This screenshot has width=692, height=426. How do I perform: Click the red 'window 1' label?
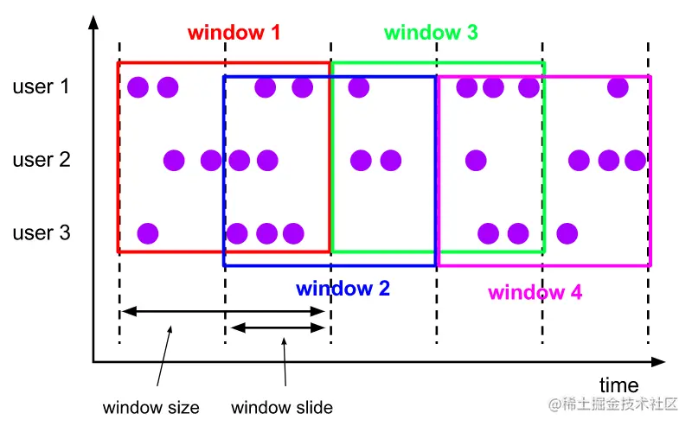(x=234, y=33)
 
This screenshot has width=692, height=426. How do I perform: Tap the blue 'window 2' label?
(x=343, y=289)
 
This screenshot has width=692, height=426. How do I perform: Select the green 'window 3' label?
(x=431, y=33)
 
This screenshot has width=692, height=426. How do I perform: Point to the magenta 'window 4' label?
(x=535, y=292)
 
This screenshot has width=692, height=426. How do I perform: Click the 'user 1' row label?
(x=41, y=86)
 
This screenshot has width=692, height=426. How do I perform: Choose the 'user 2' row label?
(x=42, y=160)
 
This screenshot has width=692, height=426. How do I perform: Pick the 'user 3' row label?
(x=42, y=232)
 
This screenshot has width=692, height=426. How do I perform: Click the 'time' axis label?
(x=618, y=385)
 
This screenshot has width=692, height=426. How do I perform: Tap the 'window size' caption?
(x=151, y=408)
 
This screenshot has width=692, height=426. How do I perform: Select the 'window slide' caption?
(x=282, y=408)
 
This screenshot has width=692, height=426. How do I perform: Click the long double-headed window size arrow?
(x=223, y=312)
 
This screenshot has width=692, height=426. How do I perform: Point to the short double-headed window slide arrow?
(x=278, y=327)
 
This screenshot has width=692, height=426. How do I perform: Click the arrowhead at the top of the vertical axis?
(x=93, y=22)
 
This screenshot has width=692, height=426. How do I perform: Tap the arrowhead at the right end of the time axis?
(x=658, y=362)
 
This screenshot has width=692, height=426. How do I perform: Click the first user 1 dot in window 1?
(x=138, y=87)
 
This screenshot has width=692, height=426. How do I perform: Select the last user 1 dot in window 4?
(x=618, y=87)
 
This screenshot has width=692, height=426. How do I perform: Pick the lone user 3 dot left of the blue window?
(x=148, y=233)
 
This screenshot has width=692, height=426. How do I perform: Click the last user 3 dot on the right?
(x=567, y=233)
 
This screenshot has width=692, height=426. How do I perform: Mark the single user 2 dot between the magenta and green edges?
(x=476, y=160)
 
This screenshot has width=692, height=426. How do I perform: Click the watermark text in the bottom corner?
(x=612, y=404)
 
